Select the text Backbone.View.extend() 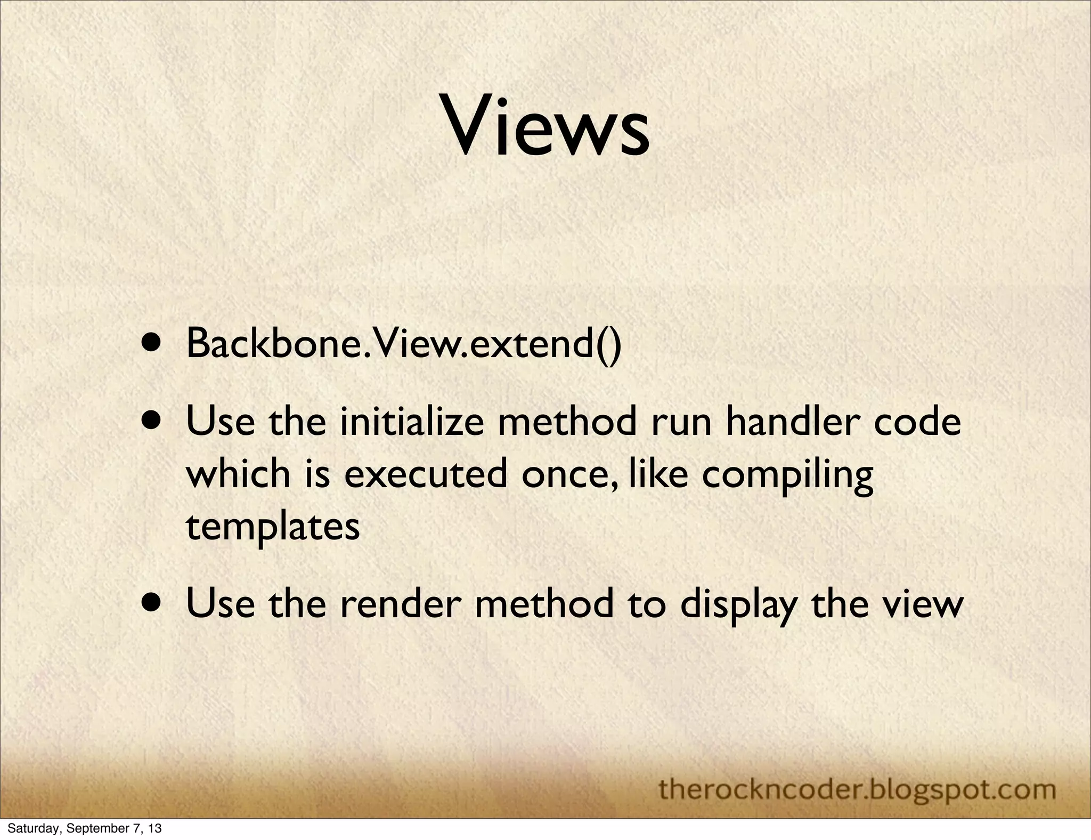point(403,344)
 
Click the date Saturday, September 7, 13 point(84,829)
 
